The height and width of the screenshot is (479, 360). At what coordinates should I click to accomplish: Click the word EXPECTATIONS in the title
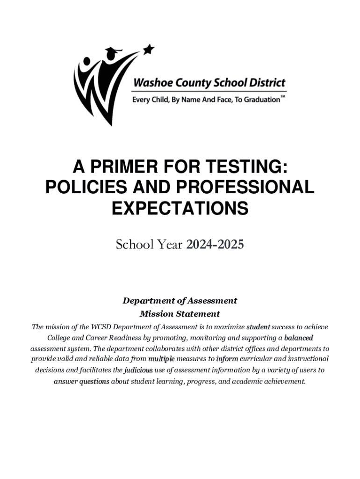pyautogui.click(x=180, y=208)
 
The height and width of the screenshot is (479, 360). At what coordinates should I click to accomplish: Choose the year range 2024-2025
pyautogui.click(x=215, y=244)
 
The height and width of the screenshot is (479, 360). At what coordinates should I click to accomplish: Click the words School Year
pyautogui.click(x=150, y=244)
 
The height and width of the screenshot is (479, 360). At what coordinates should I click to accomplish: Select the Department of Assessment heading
pyautogui.click(x=180, y=301)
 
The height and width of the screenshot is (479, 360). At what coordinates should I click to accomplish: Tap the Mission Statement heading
pyautogui.click(x=180, y=313)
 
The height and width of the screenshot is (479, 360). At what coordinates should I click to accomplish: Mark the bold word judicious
pyautogui.click(x=138, y=370)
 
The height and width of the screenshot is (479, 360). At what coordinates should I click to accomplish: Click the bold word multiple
pyautogui.click(x=161, y=359)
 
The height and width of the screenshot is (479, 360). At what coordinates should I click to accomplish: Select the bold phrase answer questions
pyautogui.click(x=81, y=381)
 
